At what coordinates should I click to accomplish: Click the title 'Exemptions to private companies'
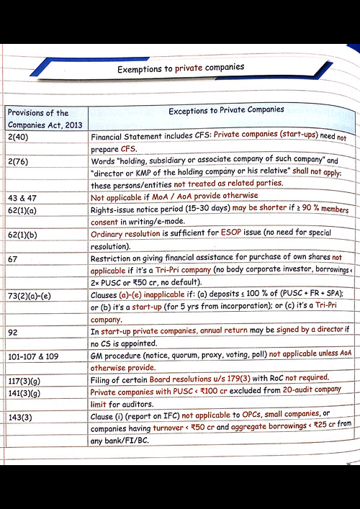click(180, 68)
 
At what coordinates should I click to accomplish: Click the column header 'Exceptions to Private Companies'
click(225, 110)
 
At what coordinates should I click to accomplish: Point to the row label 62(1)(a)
click(27, 210)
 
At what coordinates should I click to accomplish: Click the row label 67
click(14, 259)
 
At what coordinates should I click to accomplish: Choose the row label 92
click(14, 333)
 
